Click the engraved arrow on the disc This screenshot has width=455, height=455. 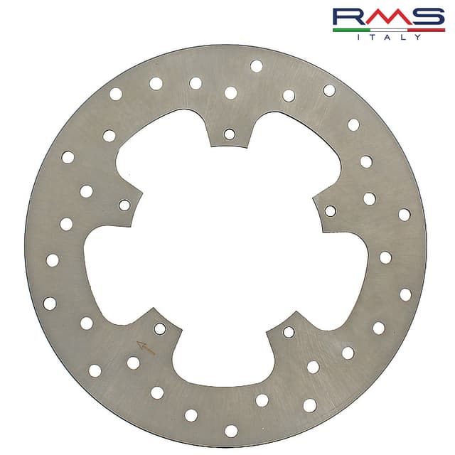pyautogui.click(x=146, y=347)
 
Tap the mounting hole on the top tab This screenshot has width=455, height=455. pyautogui.click(x=229, y=134)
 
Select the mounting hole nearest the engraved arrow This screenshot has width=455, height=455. pyautogui.click(x=160, y=328)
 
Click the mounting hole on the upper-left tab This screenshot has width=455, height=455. pyautogui.click(x=124, y=205)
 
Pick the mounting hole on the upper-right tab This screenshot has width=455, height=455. pyautogui.click(x=331, y=210)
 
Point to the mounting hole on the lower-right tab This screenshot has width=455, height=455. pyautogui.click(x=289, y=332)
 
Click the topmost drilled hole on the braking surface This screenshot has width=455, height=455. pyautogui.click(x=256, y=66)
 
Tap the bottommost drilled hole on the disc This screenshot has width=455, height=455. pyautogui.click(x=231, y=430)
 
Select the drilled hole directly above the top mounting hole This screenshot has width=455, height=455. pyautogui.click(x=230, y=92)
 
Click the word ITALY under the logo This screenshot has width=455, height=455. pyautogui.click(x=389, y=37)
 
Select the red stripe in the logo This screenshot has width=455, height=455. pyautogui.click(x=427, y=30)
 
